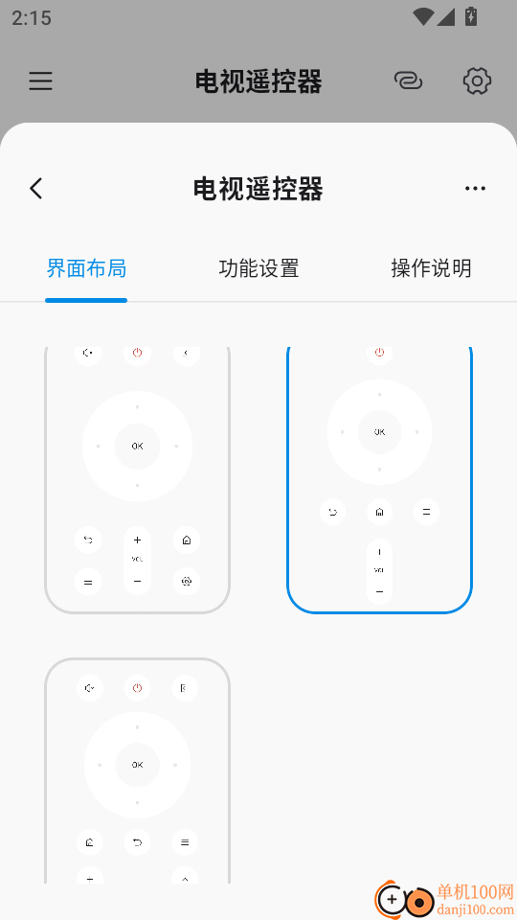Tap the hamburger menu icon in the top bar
(40, 81)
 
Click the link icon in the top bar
(408, 81)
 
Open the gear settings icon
(477, 81)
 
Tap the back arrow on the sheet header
(36, 189)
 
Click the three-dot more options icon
(475, 189)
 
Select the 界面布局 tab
(86, 268)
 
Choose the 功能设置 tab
(258, 268)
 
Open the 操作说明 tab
(431, 268)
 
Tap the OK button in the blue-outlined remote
(379, 432)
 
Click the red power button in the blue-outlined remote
(379, 354)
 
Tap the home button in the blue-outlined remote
(379, 512)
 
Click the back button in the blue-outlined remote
(333, 512)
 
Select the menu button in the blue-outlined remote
(426, 512)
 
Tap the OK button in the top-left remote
(137, 446)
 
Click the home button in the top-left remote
(186, 540)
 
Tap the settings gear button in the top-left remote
(186, 581)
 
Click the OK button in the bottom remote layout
(137, 764)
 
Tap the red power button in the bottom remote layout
(137, 688)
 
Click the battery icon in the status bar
(470, 16)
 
